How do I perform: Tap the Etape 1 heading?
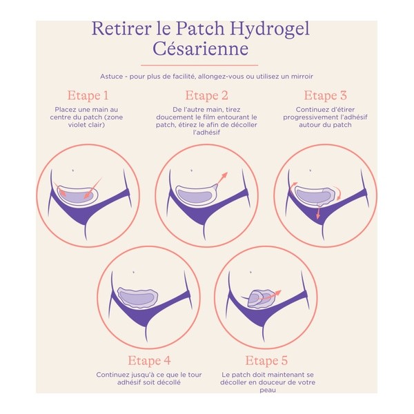(88, 95)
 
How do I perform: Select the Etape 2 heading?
(206, 95)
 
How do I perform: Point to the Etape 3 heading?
(325, 95)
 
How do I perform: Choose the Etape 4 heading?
(148, 360)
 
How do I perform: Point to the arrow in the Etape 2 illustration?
(221, 181)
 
